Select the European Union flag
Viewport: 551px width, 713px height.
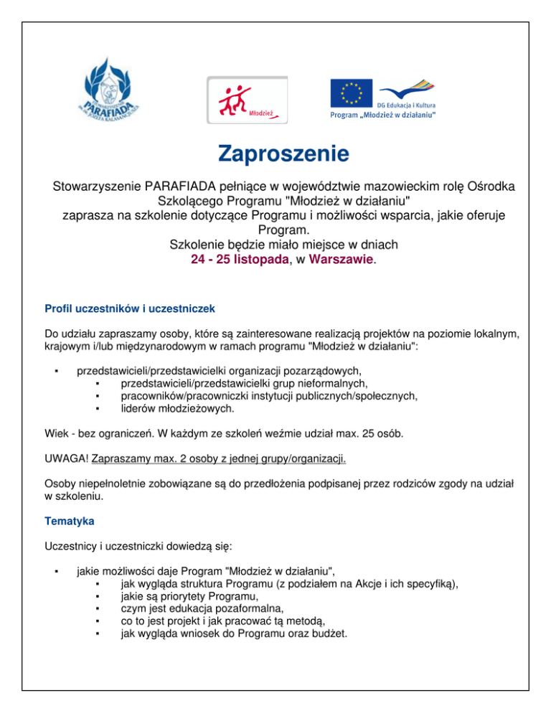click(x=351, y=93)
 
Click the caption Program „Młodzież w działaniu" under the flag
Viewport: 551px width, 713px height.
click(x=382, y=115)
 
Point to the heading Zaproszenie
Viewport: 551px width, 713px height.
click(x=274, y=154)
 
